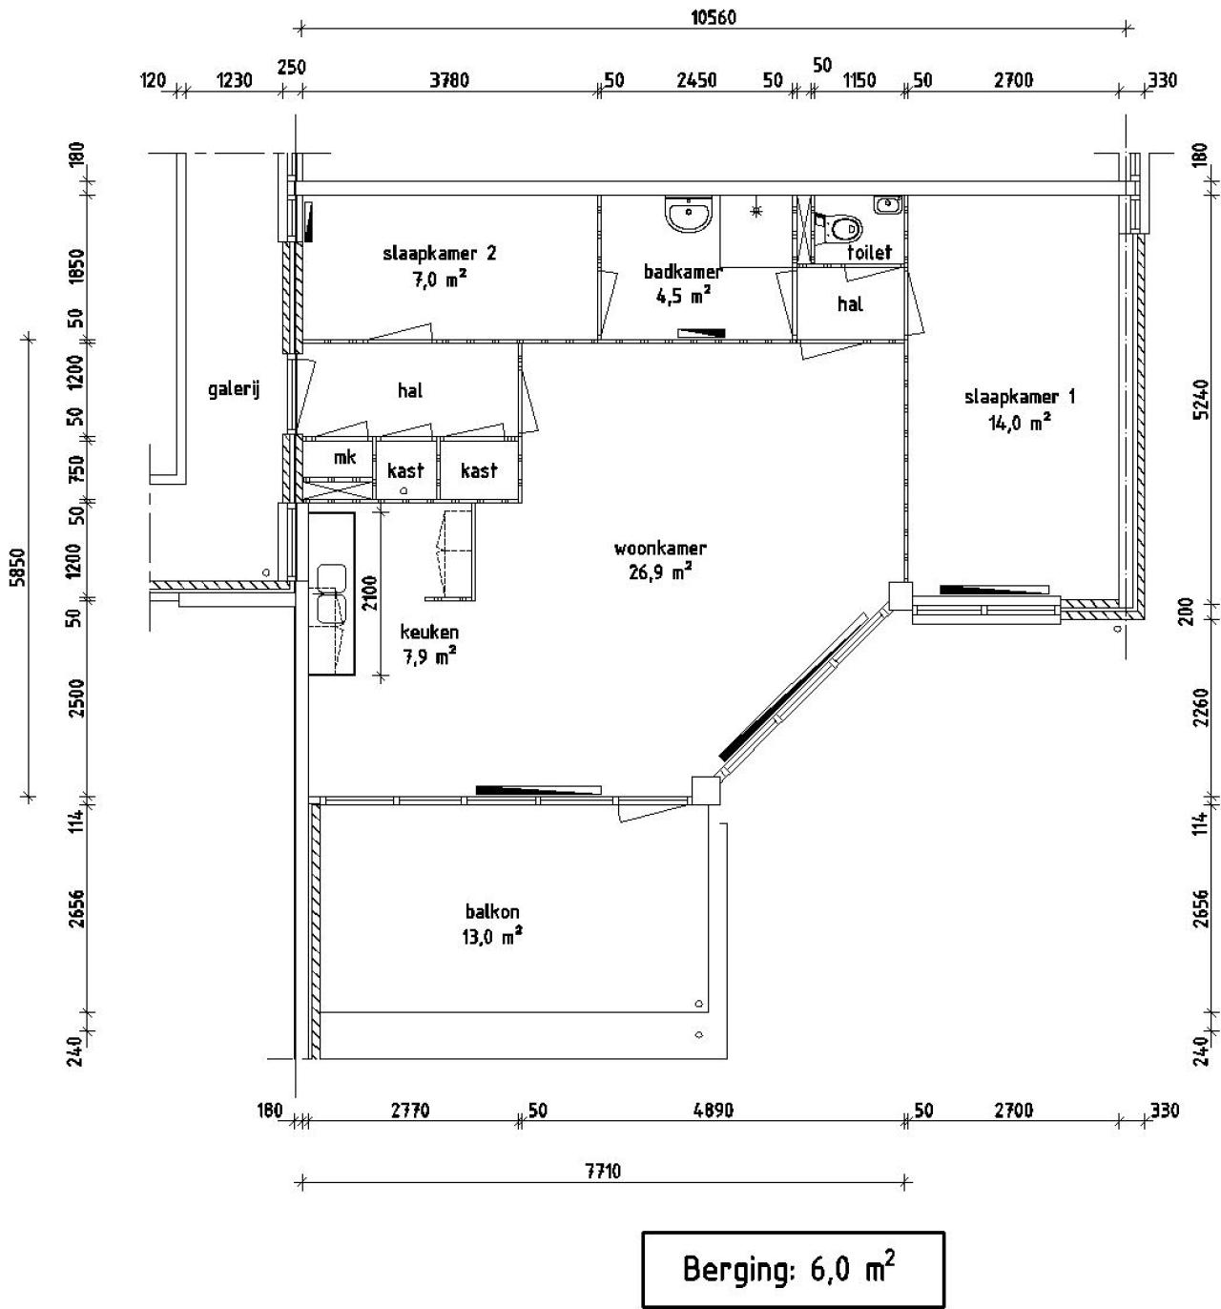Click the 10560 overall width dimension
(713, 17)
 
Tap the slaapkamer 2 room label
(439, 253)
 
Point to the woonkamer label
(660, 548)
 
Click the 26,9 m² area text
(660, 571)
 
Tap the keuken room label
(429, 633)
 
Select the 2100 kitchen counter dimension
(370, 592)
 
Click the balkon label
(492, 911)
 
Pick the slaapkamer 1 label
(1020, 397)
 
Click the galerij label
(234, 389)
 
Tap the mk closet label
(344, 456)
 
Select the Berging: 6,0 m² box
(793, 1269)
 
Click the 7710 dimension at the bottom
(603, 1171)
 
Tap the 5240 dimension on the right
(1201, 399)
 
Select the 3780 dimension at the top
(449, 80)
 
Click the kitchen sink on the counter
(332, 592)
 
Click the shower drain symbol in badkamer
(755, 211)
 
